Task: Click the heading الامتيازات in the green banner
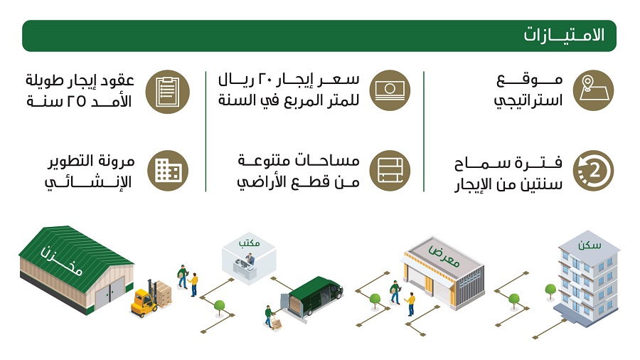(x=564, y=35)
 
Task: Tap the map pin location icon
(x=593, y=90)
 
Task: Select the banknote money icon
(x=390, y=90)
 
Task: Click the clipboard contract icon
(x=168, y=92)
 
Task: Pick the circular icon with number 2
(x=593, y=171)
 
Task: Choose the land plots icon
(x=390, y=171)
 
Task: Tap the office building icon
(x=168, y=171)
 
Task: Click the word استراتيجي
(x=528, y=101)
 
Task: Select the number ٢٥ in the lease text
(x=76, y=101)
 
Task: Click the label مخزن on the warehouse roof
(x=62, y=261)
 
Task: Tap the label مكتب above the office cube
(x=249, y=243)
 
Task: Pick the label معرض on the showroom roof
(x=444, y=255)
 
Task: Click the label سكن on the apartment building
(x=589, y=245)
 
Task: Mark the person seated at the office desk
(x=250, y=259)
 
